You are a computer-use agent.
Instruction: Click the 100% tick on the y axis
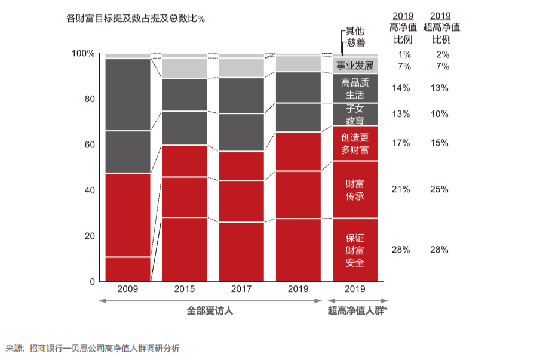83,53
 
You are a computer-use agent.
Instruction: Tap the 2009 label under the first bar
127,289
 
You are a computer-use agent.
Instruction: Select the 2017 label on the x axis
241,289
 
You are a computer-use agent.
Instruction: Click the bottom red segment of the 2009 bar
127,269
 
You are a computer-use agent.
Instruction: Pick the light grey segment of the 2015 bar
185,68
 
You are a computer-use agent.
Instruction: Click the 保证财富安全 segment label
355,250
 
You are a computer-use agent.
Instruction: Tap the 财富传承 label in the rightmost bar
355,190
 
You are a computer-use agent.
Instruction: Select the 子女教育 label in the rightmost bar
355,115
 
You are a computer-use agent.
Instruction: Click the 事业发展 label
355,65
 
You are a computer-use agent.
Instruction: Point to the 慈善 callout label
355,42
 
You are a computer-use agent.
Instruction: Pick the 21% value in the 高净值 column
400,189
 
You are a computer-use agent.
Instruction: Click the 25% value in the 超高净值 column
439,189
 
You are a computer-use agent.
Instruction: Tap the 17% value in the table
400,143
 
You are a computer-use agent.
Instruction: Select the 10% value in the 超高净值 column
439,114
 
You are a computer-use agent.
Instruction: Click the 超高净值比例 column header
441,27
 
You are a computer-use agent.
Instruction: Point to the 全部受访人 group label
210,310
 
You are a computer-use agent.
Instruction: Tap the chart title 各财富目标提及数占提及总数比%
136,19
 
